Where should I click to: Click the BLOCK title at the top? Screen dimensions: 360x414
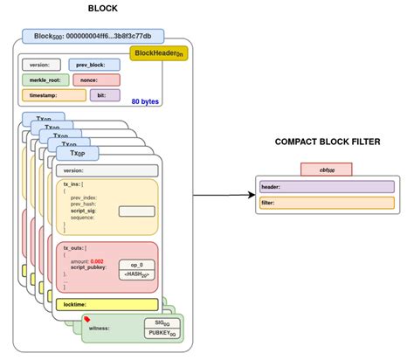click(104, 8)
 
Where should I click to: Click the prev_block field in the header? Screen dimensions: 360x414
click(95, 64)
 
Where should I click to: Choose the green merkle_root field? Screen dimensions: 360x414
click(44, 80)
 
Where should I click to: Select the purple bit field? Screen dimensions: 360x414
click(104, 94)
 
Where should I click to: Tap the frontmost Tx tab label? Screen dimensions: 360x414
click(76, 152)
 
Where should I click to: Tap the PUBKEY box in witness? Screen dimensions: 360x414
click(162, 334)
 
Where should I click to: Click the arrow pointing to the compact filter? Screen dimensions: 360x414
click(218, 197)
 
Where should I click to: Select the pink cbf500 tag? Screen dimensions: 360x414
click(326, 169)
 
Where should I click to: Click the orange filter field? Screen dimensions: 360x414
click(326, 203)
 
